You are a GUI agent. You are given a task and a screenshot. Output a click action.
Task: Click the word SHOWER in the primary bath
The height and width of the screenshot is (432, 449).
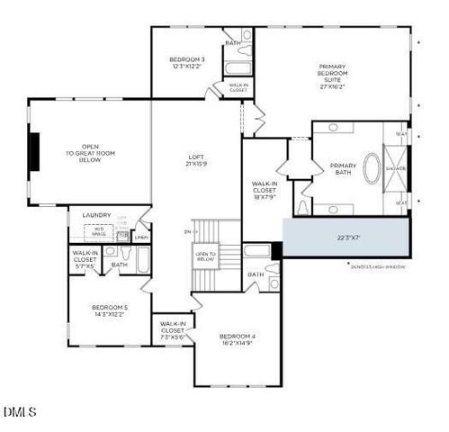(396, 168)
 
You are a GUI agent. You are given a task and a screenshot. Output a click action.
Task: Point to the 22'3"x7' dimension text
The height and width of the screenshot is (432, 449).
(346, 238)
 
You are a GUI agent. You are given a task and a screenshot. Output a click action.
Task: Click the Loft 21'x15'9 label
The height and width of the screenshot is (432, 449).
(196, 160)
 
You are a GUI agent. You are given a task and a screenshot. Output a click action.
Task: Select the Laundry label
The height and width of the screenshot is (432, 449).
(96, 215)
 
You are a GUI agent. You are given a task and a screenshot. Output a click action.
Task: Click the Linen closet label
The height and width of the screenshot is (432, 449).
(141, 238)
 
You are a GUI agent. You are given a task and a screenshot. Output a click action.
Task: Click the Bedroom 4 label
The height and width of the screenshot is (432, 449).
(238, 339)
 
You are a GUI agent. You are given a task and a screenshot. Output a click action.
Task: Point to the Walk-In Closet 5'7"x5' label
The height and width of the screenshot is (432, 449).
(85, 259)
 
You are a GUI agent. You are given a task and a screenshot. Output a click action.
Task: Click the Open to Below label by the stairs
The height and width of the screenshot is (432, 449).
(205, 256)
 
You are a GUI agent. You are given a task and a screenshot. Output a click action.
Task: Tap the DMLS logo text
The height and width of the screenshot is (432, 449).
(20, 412)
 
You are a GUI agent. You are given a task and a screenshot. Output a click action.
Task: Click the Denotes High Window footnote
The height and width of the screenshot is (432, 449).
(377, 266)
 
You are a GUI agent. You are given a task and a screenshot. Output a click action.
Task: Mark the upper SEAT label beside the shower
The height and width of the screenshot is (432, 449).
(401, 134)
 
